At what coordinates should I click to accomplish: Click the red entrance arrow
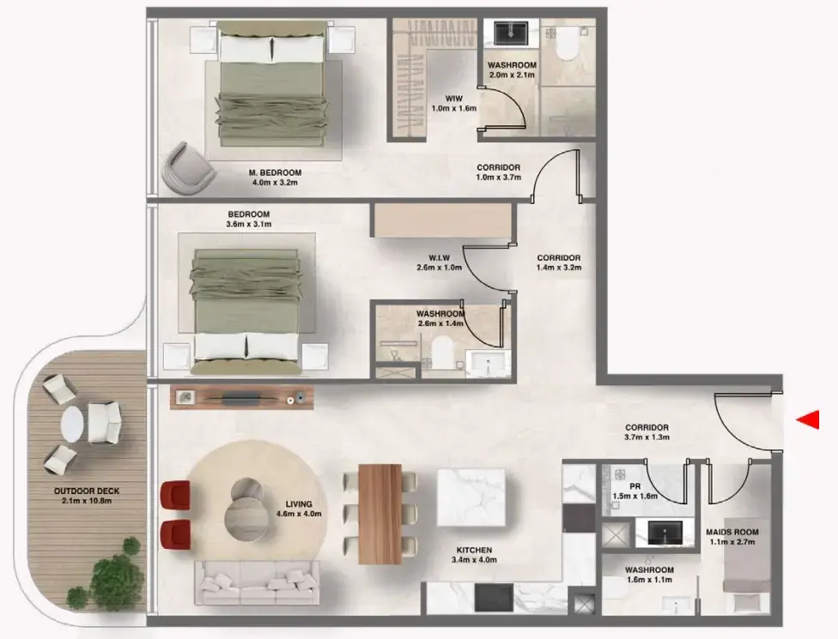808,419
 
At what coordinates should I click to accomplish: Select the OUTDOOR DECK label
87,491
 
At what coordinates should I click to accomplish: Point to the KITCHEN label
473,550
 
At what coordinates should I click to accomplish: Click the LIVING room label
300,503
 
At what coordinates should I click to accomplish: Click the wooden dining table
380,513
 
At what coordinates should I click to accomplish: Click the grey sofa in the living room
256,583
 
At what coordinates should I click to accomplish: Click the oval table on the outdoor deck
72,423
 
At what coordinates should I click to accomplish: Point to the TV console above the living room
242,397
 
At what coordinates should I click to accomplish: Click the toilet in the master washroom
566,48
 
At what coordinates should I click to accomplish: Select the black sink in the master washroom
511,33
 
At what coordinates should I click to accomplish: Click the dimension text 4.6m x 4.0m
300,514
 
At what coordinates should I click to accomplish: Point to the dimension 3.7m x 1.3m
647,437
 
